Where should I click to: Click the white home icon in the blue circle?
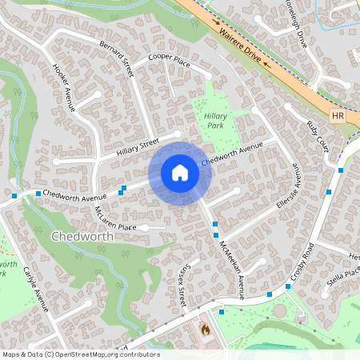pos(179,173)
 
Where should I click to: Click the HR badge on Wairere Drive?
pos(337,116)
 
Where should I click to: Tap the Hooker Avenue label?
pos(62,86)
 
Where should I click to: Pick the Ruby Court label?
pos(318,138)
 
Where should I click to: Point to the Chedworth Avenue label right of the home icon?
pos(232,154)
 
